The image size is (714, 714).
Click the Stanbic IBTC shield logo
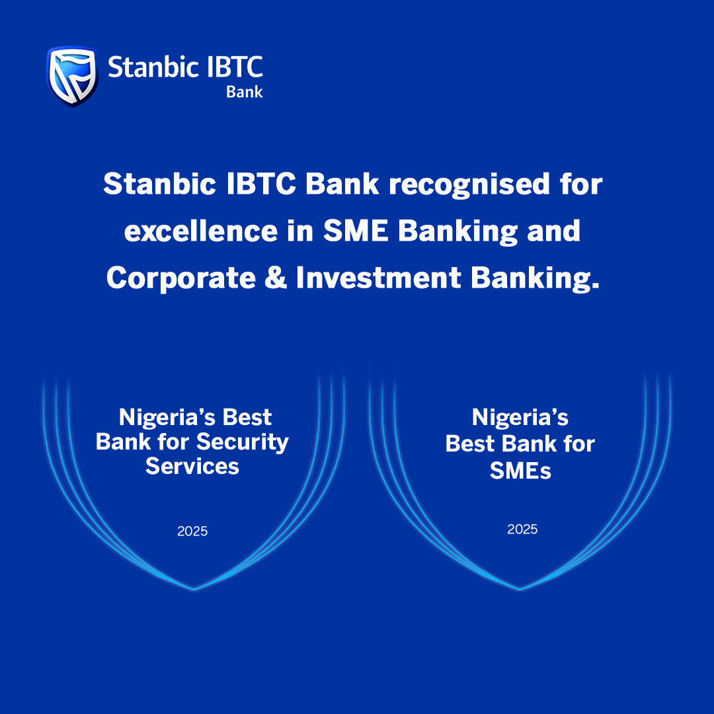tap(73, 76)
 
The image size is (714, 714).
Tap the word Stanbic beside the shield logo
tap(153, 67)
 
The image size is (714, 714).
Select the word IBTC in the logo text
tap(235, 67)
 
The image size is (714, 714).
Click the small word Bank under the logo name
tap(245, 91)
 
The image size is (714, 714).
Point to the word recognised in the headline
tap(469, 185)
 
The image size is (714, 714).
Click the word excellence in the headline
tap(201, 231)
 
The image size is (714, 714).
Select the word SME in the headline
tap(356, 231)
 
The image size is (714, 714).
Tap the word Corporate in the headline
tap(180, 278)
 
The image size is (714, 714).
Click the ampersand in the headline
tap(276, 278)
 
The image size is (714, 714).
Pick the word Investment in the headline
tap(378, 278)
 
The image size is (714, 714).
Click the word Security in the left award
tap(243, 442)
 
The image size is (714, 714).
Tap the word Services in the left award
tap(192, 466)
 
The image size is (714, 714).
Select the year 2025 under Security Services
tap(192, 531)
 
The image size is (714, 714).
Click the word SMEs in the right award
tap(520, 471)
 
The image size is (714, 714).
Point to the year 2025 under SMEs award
tap(522, 529)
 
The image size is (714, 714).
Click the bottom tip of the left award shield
tap(194, 590)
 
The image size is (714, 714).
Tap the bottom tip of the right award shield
tap(520, 590)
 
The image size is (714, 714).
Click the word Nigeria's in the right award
tap(520, 418)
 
